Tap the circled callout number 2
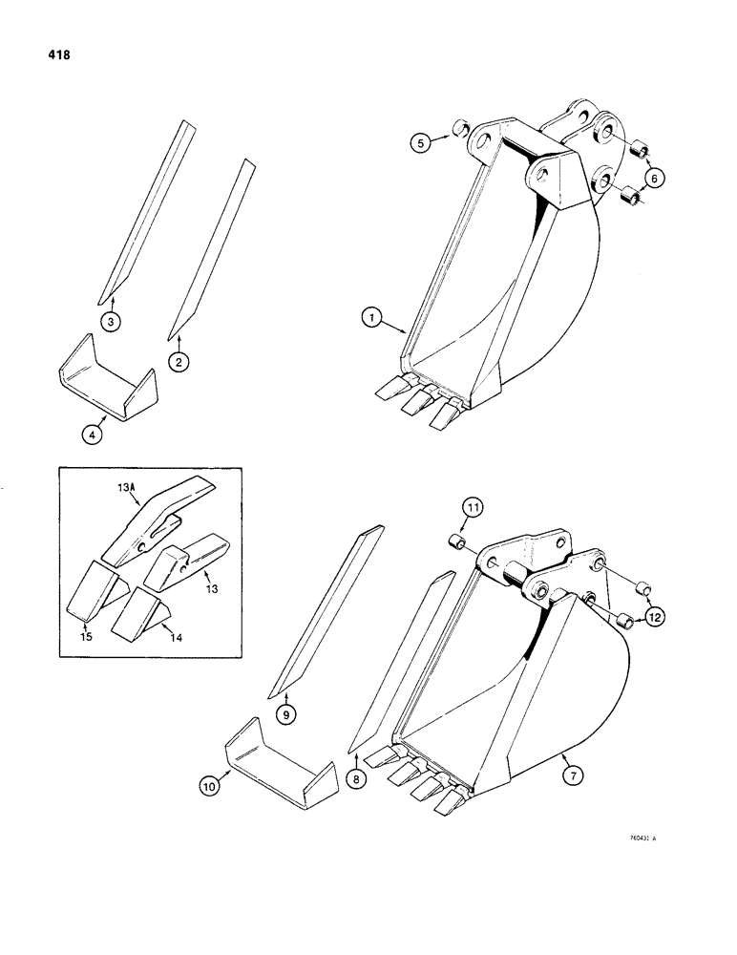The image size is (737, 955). tap(179, 361)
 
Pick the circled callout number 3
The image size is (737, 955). tap(113, 322)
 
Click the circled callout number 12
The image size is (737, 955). tap(654, 619)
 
